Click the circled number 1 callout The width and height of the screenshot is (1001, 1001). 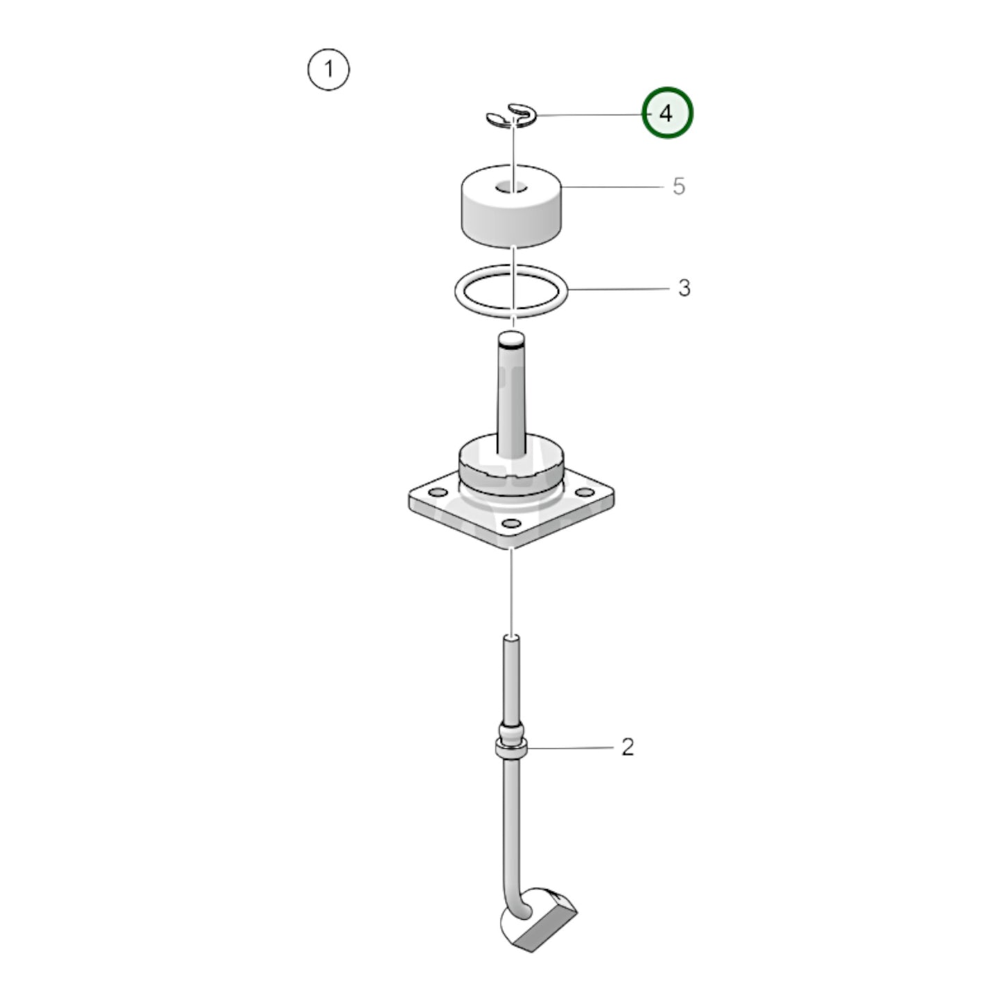pyautogui.click(x=328, y=69)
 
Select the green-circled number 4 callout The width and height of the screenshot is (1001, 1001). pyautogui.click(x=666, y=113)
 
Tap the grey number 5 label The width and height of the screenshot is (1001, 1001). pyautogui.click(x=678, y=186)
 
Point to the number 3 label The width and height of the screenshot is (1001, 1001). pyautogui.click(x=684, y=287)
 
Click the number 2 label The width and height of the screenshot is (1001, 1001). pyautogui.click(x=627, y=747)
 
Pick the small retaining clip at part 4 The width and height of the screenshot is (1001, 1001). pyautogui.click(x=511, y=116)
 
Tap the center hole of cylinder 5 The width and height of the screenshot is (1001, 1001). pyautogui.click(x=511, y=186)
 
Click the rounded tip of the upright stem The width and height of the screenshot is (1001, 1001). pyautogui.click(x=511, y=340)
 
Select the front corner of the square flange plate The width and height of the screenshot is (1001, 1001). pyautogui.click(x=511, y=547)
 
